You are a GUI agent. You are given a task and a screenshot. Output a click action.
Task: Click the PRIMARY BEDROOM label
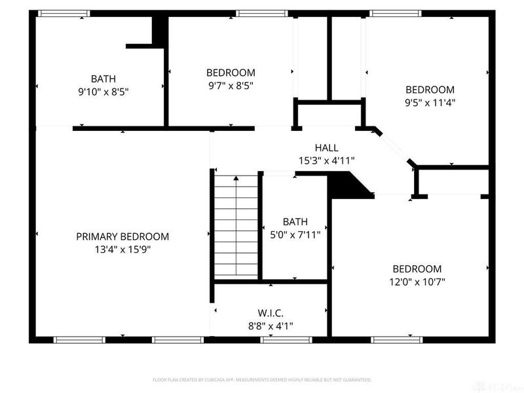(x=122, y=236)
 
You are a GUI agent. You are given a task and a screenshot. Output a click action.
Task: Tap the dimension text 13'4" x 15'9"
(x=122, y=249)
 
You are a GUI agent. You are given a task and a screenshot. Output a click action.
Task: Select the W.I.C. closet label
(x=271, y=313)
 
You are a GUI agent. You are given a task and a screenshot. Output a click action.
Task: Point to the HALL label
(x=326, y=148)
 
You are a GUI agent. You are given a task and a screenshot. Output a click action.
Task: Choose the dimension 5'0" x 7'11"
(x=295, y=234)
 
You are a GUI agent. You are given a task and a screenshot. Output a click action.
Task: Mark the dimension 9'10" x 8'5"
(x=103, y=92)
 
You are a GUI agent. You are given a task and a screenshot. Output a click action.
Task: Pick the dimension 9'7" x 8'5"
(x=231, y=85)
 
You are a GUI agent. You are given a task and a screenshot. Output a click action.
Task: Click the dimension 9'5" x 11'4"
(x=430, y=102)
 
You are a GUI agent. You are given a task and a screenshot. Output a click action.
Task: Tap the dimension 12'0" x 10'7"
(x=417, y=282)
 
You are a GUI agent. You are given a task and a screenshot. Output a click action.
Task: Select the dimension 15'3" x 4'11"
(x=326, y=160)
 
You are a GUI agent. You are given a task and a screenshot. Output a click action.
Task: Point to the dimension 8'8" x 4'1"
(x=271, y=326)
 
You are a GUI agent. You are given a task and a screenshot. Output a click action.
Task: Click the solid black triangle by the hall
(x=347, y=186)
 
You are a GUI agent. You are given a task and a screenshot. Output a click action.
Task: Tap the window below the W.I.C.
(x=285, y=339)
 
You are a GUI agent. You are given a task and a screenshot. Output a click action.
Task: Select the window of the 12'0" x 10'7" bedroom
(x=397, y=339)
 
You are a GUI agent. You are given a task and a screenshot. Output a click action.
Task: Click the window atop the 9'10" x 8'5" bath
(x=64, y=13)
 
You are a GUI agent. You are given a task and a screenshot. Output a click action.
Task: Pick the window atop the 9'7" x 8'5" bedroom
(x=261, y=13)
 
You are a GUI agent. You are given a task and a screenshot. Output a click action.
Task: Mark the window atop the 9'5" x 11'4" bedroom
(x=395, y=13)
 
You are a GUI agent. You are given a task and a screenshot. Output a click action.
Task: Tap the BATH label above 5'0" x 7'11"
(x=295, y=222)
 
